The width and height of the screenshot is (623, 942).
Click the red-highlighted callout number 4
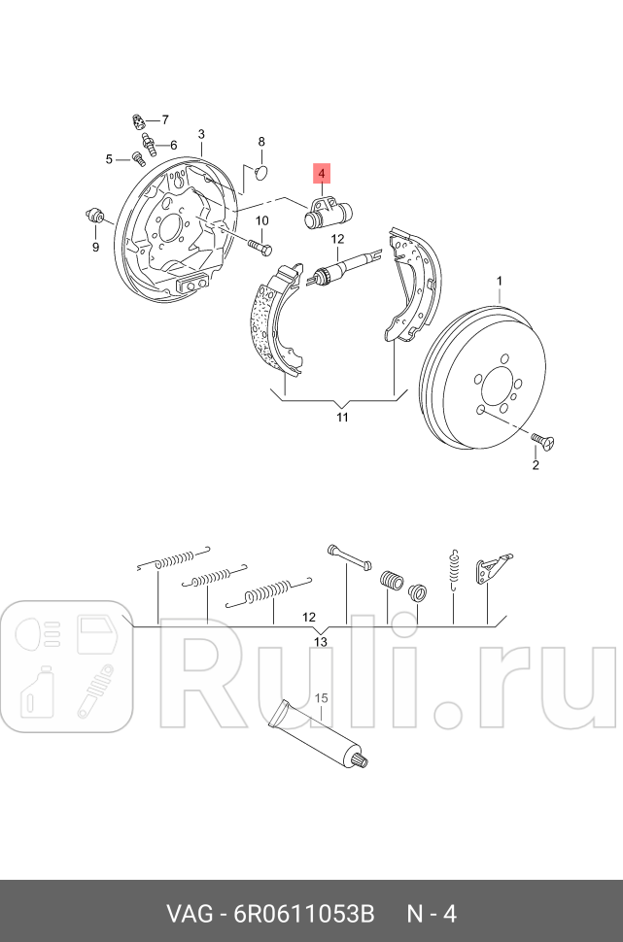[322, 175]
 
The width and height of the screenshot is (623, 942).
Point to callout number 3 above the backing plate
[201, 134]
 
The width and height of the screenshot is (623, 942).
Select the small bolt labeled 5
[138, 159]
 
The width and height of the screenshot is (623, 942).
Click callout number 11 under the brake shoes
[342, 418]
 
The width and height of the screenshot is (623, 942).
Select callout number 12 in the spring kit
[309, 617]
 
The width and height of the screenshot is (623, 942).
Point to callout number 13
[321, 642]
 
